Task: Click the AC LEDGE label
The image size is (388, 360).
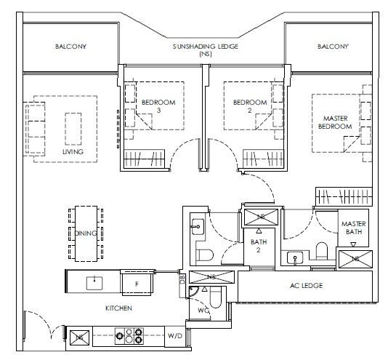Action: (x=307, y=286)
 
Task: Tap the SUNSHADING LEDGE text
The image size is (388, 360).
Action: (x=206, y=47)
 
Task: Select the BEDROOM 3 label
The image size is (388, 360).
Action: (x=158, y=106)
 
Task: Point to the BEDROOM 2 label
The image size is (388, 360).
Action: (x=250, y=106)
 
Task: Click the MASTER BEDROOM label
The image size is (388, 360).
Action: (x=335, y=122)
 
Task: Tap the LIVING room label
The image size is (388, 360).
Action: (x=73, y=151)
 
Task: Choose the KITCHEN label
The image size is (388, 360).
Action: (x=118, y=308)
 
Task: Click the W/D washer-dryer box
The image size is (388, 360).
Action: (x=175, y=336)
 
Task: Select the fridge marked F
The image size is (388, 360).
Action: (x=137, y=284)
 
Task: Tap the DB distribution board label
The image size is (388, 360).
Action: (x=182, y=279)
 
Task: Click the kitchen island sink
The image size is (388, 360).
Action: (x=94, y=283)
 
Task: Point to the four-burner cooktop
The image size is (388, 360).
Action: (x=129, y=336)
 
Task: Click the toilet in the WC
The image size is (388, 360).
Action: (x=215, y=297)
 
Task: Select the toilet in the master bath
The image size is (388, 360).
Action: (x=322, y=251)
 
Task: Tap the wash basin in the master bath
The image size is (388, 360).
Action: (x=295, y=258)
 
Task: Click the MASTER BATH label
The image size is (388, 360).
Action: (x=354, y=228)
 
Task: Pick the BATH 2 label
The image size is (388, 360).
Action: (x=259, y=246)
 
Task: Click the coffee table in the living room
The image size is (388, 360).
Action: (x=73, y=129)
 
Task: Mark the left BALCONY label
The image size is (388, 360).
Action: (x=70, y=47)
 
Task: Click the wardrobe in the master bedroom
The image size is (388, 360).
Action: (x=344, y=196)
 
